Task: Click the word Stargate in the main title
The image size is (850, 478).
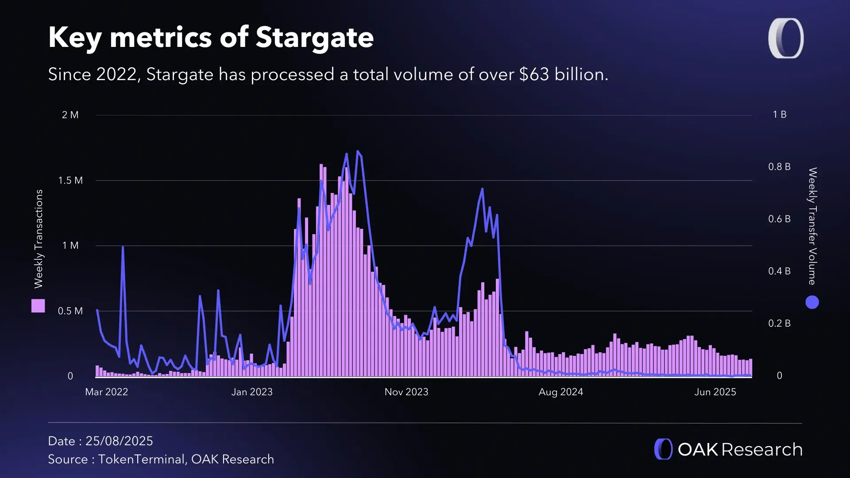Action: coord(314,38)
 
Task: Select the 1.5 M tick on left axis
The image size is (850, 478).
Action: coord(70,181)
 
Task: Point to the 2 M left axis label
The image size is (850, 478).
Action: coord(70,115)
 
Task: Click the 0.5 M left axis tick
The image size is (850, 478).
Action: coord(70,311)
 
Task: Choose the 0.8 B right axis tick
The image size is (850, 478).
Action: coord(779,167)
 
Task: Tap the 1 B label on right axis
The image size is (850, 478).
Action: coord(780,115)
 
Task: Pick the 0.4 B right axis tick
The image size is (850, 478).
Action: coord(779,271)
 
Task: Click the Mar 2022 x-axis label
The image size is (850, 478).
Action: coord(106,392)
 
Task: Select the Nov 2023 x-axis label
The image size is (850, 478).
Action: coord(406,392)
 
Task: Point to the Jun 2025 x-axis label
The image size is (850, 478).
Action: coord(715,392)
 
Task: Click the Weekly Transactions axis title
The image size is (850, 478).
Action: coord(39,239)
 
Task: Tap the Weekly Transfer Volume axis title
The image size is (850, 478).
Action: coord(812,226)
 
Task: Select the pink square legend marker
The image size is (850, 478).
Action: coord(38,306)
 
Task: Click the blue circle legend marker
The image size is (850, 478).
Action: coord(812,302)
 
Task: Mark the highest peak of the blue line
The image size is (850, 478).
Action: coord(358,152)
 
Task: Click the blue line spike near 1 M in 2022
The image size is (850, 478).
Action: coord(123,247)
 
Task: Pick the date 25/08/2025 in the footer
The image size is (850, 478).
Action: coord(119,441)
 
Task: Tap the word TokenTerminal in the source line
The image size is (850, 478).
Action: coord(141,459)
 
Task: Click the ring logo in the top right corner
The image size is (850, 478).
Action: coord(786,38)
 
